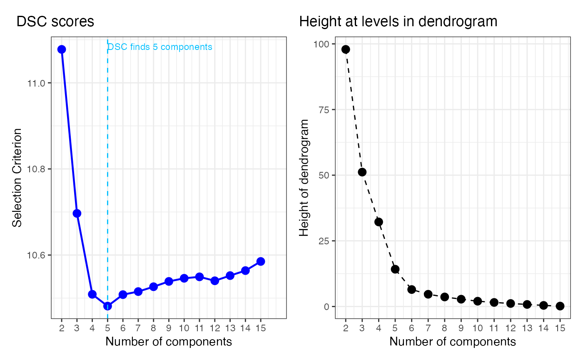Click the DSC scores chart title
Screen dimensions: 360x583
[55, 22]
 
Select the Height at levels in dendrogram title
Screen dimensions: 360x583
[398, 22]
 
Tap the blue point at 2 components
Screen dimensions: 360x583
[62, 50]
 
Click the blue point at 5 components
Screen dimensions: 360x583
[107, 306]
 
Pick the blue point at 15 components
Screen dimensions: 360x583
[261, 261]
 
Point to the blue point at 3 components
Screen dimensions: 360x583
[77, 214]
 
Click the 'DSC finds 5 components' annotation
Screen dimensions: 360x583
[160, 47]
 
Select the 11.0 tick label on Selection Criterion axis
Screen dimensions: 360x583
[36, 83]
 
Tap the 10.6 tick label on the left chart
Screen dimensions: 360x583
[36, 255]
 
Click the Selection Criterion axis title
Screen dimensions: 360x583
[17, 178]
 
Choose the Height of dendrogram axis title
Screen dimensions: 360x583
[304, 178]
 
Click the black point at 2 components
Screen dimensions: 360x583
[346, 50]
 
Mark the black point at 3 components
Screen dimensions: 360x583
[362, 172]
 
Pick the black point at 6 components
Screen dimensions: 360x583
[411, 289]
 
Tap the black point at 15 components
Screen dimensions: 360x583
[560, 306]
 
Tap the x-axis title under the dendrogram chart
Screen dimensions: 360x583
[453, 342]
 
